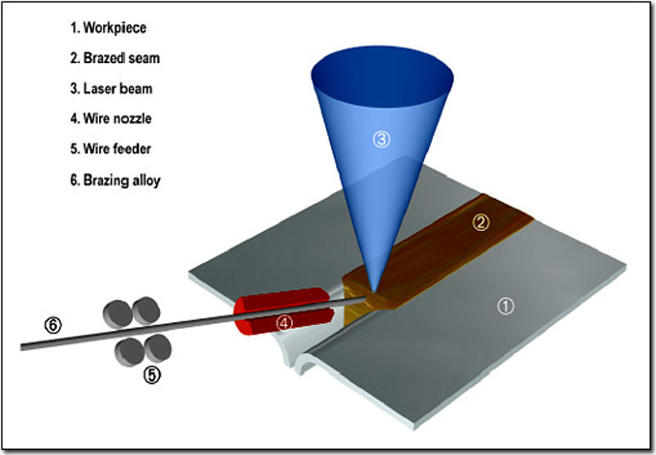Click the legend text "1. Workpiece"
[x=108, y=28]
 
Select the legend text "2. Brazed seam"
[x=115, y=57]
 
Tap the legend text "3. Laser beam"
[x=112, y=89]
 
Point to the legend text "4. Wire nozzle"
[x=111, y=118]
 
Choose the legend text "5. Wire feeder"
[x=111, y=148]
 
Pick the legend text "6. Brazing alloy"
[x=116, y=180]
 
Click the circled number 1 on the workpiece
[x=505, y=307]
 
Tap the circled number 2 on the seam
[x=481, y=222]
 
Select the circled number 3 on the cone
[x=381, y=139]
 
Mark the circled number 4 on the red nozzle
[x=284, y=323]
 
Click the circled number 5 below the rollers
[x=152, y=375]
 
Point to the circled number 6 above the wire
[x=53, y=325]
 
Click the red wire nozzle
[x=283, y=312]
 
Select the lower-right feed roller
[x=157, y=348]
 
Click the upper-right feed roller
[x=146, y=311]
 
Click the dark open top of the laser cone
[x=382, y=76]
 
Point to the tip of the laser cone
[x=374, y=293]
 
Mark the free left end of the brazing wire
[x=22, y=347]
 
